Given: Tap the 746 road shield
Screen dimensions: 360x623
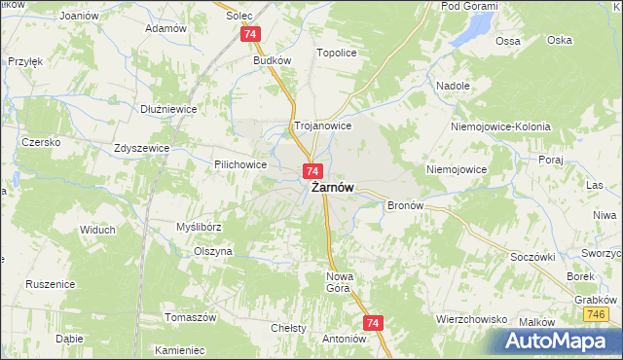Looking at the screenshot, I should pyautogui.click(x=597, y=315).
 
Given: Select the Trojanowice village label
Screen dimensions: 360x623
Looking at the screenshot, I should pyautogui.click(x=322, y=126).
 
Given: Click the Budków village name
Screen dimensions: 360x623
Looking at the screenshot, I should pyautogui.click(x=273, y=59).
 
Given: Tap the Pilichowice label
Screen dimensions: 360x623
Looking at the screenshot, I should pyautogui.click(x=240, y=165).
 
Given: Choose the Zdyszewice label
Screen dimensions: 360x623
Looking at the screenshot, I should pyautogui.click(x=142, y=148).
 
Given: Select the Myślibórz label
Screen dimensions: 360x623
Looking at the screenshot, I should pyautogui.click(x=200, y=226).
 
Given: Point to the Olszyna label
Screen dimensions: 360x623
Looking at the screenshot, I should pyautogui.click(x=213, y=250).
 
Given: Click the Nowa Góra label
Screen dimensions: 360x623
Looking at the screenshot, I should pyautogui.click(x=337, y=282).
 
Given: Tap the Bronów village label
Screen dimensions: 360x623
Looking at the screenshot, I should pyautogui.click(x=404, y=205).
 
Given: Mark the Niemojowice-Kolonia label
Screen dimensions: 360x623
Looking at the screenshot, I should pyautogui.click(x=500, y=127).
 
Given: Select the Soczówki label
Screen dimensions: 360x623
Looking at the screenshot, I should pyautogui.click(x=531, y=257).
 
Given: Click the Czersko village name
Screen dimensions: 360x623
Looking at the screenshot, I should pyautogui.click(x=42, y=142).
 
